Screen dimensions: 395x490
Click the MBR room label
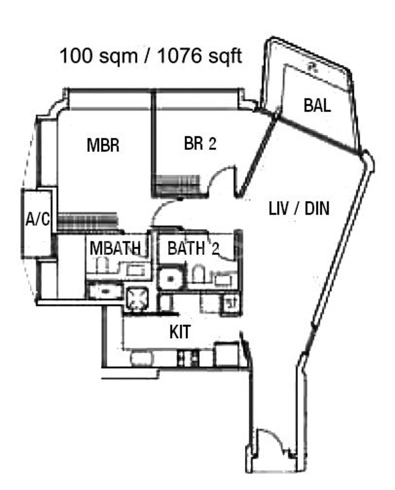click(103, 145)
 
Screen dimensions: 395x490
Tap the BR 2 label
click(200, 143)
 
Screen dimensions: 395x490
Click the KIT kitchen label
click(180, 332)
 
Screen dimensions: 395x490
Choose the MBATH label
click(115, 248)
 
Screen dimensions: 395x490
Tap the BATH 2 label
click(193, 248)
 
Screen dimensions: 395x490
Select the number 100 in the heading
click(76, 56)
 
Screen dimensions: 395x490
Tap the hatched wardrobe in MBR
click(88, 222)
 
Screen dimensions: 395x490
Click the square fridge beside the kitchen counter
click(226, 355)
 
